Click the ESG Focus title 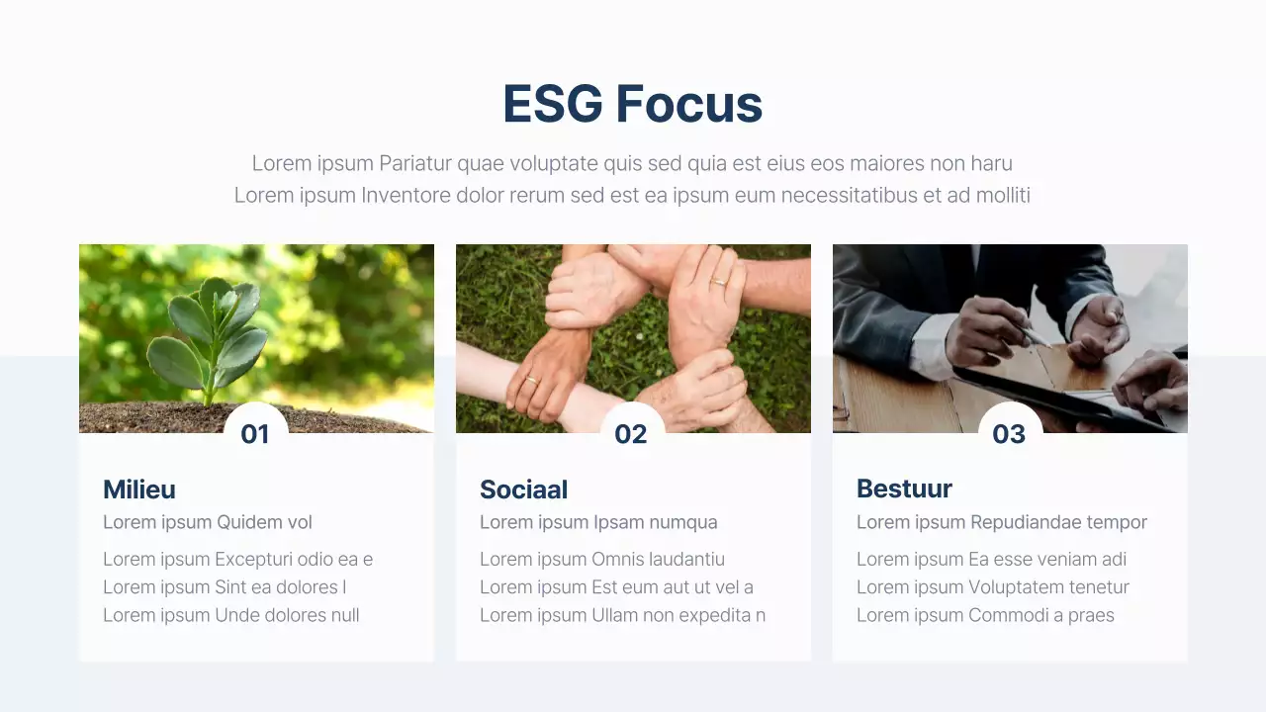[x=632, y=104]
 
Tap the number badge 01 [x=255, y=434]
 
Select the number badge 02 [x=631, y=434]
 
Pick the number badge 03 [x=1009, y=434]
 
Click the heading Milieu [x=139, y=489]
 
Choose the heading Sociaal [x=523, y=489]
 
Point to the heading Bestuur [x=904, y=489]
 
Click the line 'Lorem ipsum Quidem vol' [x=208, y=522]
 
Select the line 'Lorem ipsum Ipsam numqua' [x=598, y=522]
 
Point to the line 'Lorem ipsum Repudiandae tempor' [x=1001, y=522]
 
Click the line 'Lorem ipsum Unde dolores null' [x=230, y=615]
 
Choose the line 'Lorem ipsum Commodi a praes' [x=985, y=615]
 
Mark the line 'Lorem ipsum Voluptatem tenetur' [x=992, y=587]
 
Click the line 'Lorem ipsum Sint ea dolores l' [x=225, y=587]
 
